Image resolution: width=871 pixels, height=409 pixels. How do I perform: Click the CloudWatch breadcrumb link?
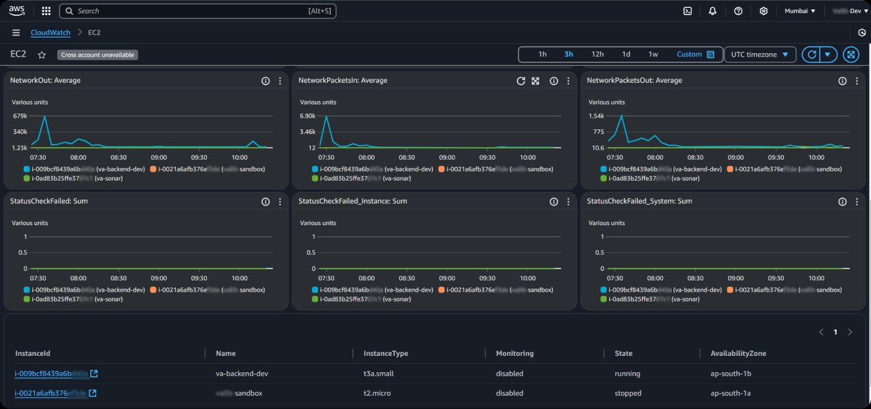pyautogui.click(x=52, y=33)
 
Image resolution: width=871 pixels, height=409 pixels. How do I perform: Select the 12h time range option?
pyautogui.click(x=597, y=54)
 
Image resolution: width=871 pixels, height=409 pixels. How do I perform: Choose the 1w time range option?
pyautogui.click(x=653, y=54)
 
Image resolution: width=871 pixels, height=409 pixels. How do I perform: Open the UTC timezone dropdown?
pyautogui.click(x=760, y=54)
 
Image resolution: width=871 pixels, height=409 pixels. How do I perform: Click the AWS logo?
pyautogui.click(x=16, y=11)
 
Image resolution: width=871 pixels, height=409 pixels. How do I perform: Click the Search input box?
pyautogui.click(x=197, y=11)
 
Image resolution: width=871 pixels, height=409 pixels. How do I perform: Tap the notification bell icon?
pyautogui.click(x=712, y=11)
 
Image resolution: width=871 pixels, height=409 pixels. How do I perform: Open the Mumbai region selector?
pyautogui.click(x=800, y=11)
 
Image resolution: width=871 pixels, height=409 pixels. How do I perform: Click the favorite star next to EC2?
pyautogui.click(x=41, y=55)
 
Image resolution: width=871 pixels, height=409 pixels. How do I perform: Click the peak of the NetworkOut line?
pyautogui.click(x=45, y=116)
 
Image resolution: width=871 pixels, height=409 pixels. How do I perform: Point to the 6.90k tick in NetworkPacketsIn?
pyautogui.click(x=308, y=116)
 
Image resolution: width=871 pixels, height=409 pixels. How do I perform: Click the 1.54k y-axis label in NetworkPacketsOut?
pyautogui.click(x=596, y=116)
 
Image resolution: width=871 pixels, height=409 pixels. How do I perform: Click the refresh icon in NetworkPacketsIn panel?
pyautogui.click(x=521, y=81)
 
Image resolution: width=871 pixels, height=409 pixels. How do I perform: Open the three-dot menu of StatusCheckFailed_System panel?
pyautogui.click(x=857, y=202)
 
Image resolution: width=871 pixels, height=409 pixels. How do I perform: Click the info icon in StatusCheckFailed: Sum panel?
pyautogui.click(x=266, y=202)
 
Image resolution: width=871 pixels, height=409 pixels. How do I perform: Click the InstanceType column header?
pyautogui.click(x=386, y=353)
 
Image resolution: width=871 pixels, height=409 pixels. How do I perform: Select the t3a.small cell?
pyautogui.click(x=378, y=374)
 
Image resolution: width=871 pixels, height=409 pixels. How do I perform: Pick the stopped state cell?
pyautogui.click(x=628, y=393)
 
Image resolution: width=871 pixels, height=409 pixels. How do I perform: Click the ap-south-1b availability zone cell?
pyautogui.click(x=731, y=374)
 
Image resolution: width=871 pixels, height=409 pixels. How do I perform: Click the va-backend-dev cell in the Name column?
pyautogui.click(x=241, y=374)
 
